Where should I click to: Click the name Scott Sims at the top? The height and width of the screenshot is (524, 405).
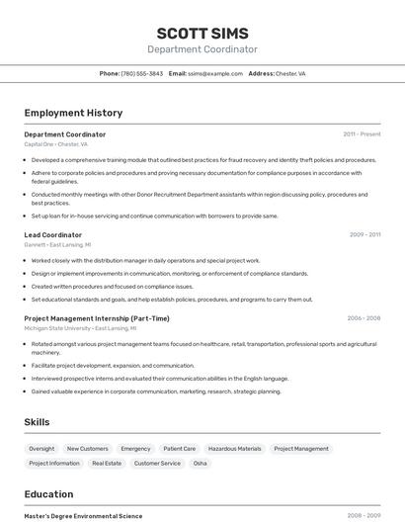(202, 34)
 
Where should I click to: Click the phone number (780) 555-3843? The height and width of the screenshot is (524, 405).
(142, 74)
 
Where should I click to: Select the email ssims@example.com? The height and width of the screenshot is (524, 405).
(215, 74)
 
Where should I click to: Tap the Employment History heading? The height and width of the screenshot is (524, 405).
(73, 114)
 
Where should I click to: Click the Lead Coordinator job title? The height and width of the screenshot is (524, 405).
(53, 235)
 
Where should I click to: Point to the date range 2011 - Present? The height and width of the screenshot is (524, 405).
(362, 134)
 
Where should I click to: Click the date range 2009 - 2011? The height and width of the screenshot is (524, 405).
(364, 235)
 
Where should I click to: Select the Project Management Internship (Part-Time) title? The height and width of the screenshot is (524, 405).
(97, 318)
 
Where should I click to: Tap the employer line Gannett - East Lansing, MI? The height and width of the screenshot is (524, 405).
(57, 245)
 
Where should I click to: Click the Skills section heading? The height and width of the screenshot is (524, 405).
(37, 422)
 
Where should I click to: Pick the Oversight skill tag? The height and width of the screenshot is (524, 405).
(41, 449)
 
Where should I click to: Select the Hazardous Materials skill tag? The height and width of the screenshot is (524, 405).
(235, 449)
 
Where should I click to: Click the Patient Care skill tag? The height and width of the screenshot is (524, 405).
(180, 449)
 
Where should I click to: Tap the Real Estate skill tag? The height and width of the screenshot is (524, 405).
(107, 463)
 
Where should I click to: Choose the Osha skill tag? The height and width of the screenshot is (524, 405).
(201, 463)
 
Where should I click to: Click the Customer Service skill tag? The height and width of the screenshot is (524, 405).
(157, 463)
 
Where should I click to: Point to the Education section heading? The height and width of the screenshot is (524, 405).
(48, 494)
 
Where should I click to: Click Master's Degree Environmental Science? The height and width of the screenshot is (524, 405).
(83, 516)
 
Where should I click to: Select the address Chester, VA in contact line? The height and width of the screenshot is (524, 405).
(290, 74)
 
